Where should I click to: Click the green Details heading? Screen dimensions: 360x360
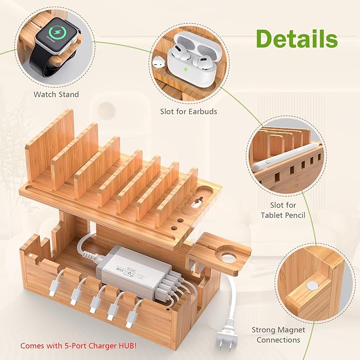[x=297, y=39]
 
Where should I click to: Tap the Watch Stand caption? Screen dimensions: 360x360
[x=56, y=94]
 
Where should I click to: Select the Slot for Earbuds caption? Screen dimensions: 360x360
[x=189, y=111]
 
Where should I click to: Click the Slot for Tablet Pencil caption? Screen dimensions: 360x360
[x=283, y=210]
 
